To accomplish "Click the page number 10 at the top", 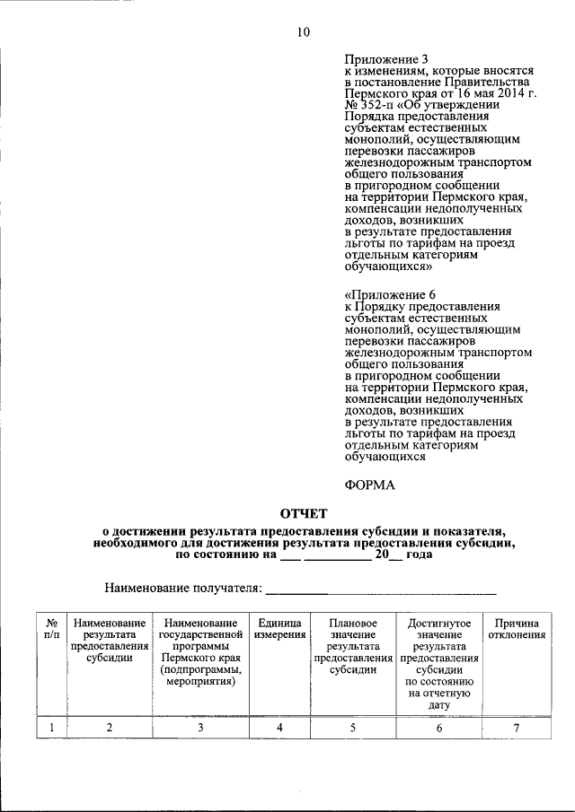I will pos(302,33).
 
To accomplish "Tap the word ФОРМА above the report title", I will pos(369,485).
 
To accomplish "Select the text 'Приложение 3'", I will pos(382,58).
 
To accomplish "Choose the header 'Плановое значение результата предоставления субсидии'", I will pos(352,646).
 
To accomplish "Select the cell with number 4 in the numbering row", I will pos(279,728).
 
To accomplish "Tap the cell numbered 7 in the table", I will pos(517,728).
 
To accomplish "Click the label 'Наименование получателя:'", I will pos(183,589).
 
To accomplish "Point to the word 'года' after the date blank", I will pos(419,554).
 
